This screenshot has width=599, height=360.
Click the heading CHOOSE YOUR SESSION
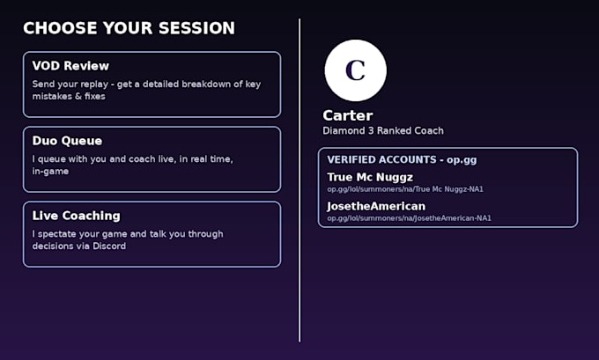129,28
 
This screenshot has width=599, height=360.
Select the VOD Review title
70,66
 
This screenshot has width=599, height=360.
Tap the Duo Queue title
67,141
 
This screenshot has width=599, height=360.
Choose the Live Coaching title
76,216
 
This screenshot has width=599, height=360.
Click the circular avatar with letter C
355,70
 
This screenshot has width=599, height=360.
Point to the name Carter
348,115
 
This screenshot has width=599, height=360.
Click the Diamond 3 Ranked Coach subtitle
383,131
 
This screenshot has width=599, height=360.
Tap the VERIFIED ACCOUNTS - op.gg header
402,159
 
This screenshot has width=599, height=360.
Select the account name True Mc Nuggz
370,178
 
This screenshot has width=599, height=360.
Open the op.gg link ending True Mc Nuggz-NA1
405,189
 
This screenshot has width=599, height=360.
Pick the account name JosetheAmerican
376,206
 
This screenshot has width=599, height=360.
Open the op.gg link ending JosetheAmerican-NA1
409,218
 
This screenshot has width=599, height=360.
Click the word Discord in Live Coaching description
109,246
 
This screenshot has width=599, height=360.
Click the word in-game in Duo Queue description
50,172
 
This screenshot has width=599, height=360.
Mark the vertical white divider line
299,180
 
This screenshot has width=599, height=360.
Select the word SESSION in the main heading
196,28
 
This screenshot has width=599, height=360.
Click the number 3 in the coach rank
371,131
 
